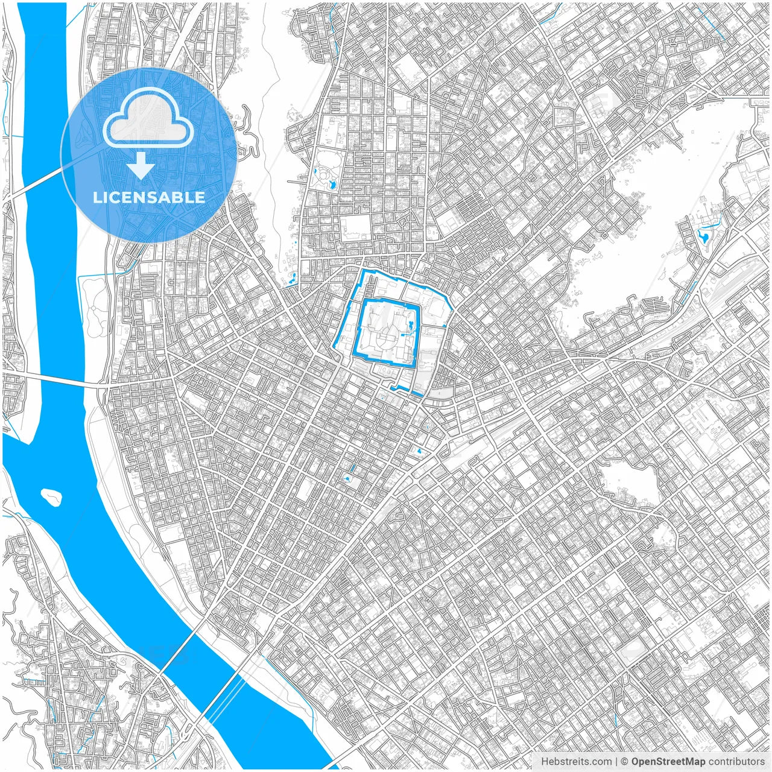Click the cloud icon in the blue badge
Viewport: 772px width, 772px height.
point(148,118)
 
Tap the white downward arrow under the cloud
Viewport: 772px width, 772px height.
point(141,166)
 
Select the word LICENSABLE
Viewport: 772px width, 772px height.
point(149,197)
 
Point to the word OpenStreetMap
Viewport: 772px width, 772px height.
point(668,762)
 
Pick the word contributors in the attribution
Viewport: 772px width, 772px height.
point(736,762)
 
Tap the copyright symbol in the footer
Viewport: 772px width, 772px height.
point(625,762)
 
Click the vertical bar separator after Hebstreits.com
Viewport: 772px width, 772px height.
point(615,762)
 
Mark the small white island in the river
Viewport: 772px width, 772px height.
point(51,496)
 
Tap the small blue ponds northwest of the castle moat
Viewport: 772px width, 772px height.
point(292,278)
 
